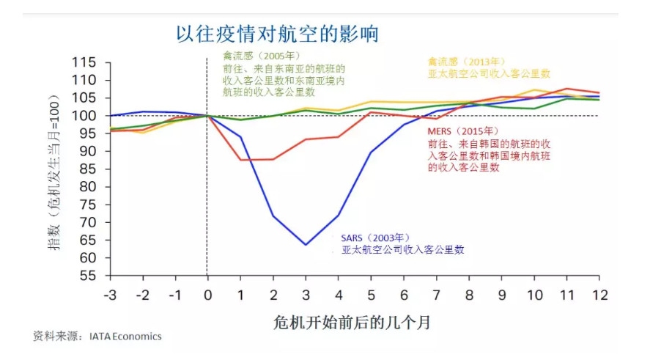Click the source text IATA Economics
(x=125, y=337)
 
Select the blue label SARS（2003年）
(x=373, y=238)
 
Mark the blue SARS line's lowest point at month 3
(x=305, y=245)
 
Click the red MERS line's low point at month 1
(x=240, y=160)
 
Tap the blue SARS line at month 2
(x=273, y=216)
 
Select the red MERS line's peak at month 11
(x=566, y=89)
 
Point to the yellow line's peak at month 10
(x=534, y=90)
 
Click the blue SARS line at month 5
(x=371, y=153)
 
